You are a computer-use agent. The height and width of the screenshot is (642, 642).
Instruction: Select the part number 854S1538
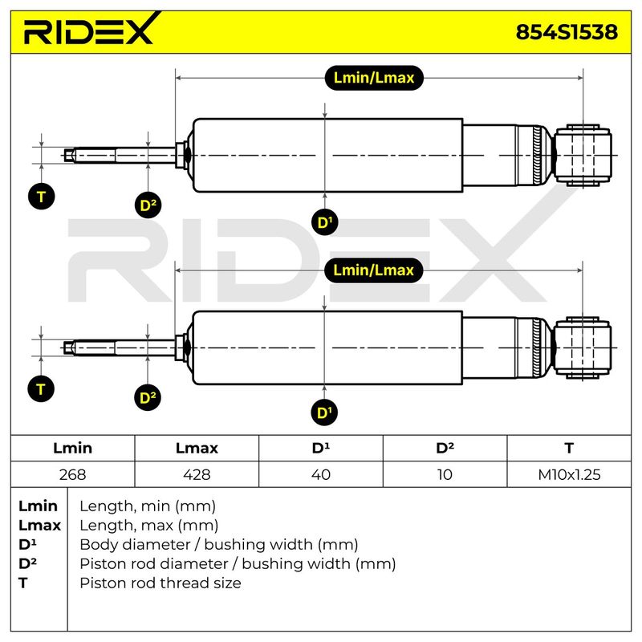click(x=567, y=32)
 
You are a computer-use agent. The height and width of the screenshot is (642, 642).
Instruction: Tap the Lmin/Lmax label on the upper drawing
click(x=374, y=78)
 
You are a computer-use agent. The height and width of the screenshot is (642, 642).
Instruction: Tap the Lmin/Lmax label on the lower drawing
click(x=373, y=270)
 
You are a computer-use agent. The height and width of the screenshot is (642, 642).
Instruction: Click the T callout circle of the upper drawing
click(x=42, y=197)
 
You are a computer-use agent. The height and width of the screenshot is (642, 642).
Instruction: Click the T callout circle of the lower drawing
click(x=41, y=389)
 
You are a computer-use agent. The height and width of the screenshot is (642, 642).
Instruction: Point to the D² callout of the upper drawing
click(x=148, y=205)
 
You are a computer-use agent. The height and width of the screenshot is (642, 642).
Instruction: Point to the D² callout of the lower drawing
click(x=148, y=397)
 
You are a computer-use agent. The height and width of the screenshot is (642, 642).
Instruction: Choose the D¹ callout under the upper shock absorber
click(x=325, y=222)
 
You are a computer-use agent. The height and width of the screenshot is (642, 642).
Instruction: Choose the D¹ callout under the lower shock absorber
click(x=324, y=412)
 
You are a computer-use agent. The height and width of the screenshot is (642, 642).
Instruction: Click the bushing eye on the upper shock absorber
click(x=583, y=156)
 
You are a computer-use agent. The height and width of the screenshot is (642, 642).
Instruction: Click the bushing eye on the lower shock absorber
click(x=583, y=348)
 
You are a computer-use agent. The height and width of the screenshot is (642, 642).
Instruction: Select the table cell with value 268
click(x=72, y=474)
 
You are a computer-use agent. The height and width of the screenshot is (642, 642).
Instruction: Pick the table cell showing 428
click(x=197, y=474)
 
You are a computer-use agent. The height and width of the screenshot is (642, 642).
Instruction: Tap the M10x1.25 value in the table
click(x=569, y=474)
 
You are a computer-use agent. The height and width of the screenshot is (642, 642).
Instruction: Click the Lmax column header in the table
click(x=197, y=448)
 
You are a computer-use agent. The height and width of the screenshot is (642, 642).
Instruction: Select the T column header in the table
click(x=569, y=448)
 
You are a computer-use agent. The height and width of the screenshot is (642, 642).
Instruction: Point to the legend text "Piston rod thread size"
click(x=160, y=583)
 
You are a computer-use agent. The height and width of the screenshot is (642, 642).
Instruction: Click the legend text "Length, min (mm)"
click(x=148, y=506)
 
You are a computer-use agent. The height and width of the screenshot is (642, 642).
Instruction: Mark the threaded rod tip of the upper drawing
click(x=66, y=156)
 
